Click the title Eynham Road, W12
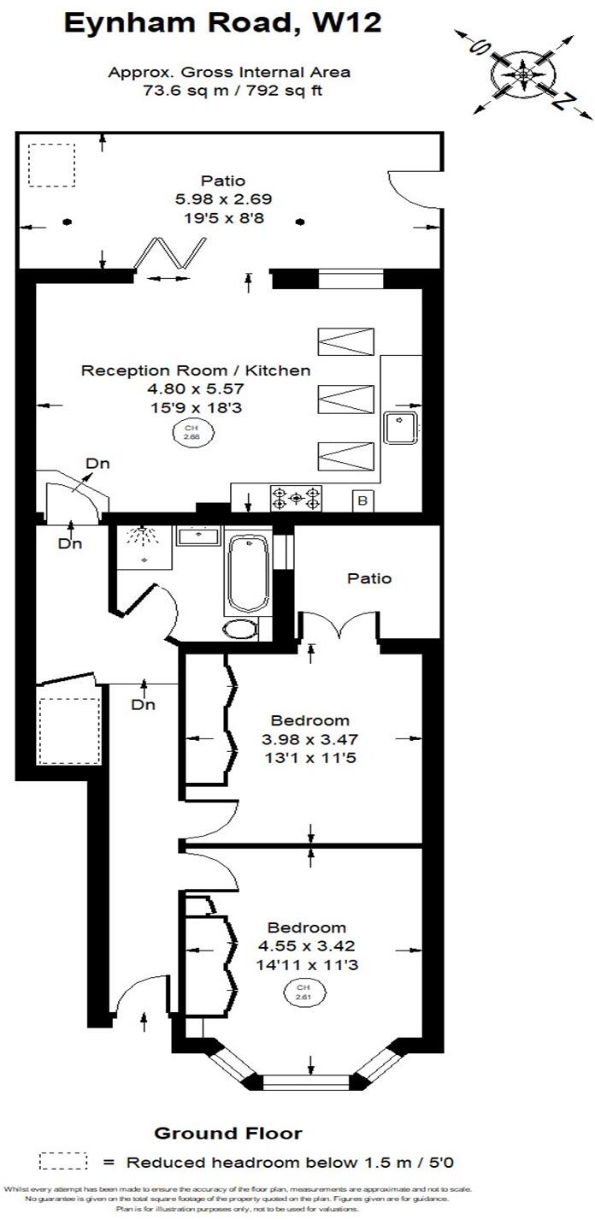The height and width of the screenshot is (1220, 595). [222, 24]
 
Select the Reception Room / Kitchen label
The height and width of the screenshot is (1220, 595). [196, 370]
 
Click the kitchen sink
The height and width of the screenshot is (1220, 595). [399, 428]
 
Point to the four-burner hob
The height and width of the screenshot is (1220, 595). [297, 498]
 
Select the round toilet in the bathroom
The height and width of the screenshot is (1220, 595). [240, 631]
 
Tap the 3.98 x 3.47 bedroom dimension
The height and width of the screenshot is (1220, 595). [309, 739]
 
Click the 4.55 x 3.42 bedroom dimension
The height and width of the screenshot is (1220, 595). [306, 946]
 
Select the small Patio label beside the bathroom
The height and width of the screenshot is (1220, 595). [369, 578]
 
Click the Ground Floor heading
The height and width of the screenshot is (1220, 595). [227, 1134]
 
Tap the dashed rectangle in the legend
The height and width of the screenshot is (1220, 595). [64, 1161]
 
